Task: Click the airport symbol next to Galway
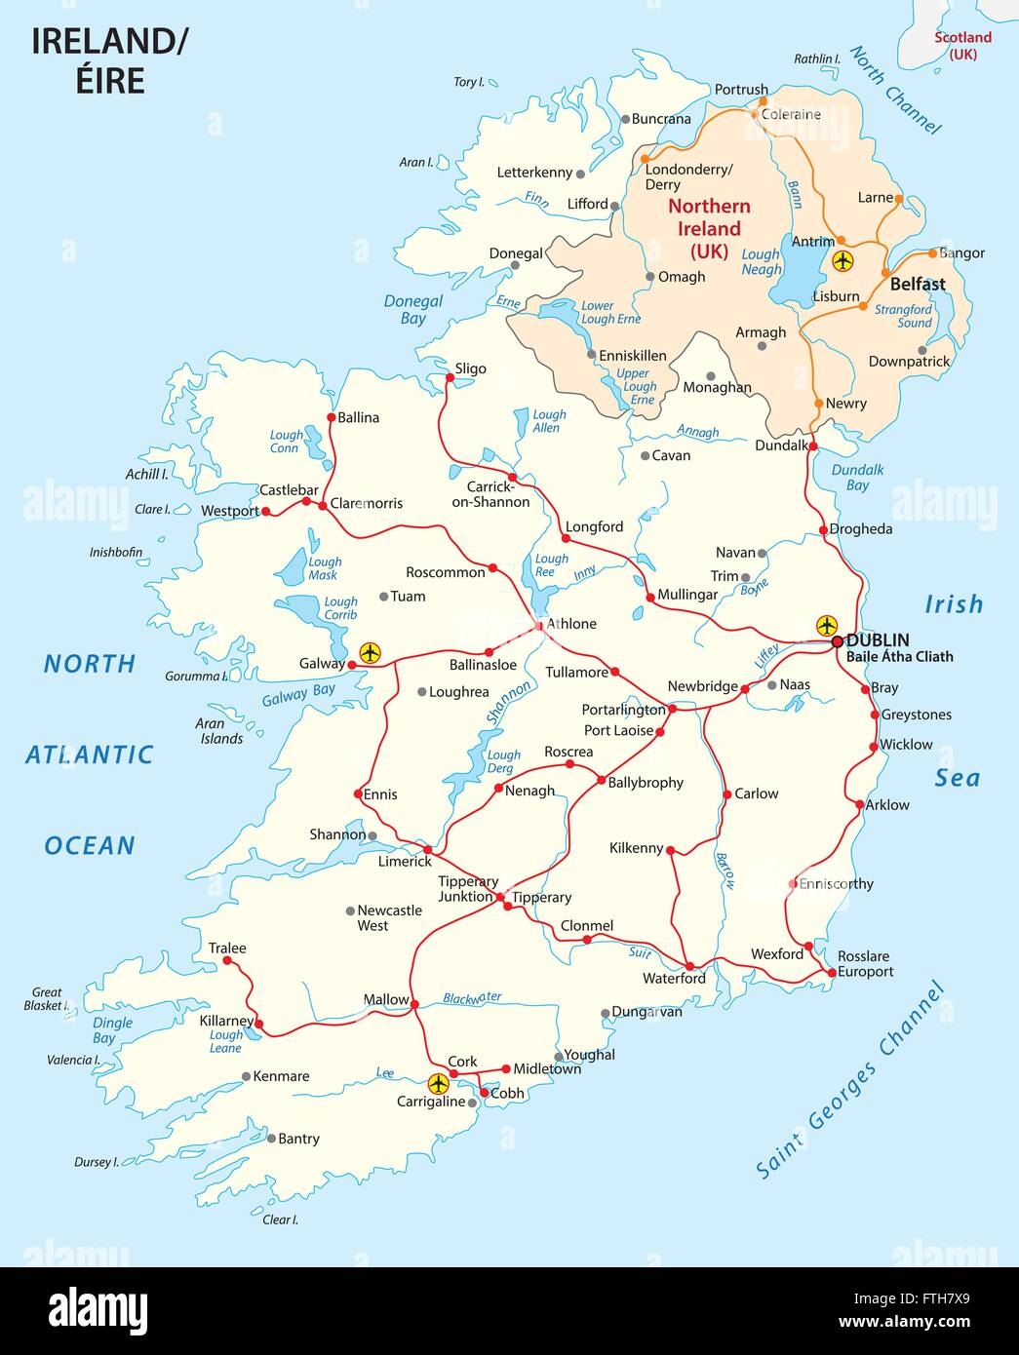(x=369, y=652)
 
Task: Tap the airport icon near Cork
(x=439, y=1083)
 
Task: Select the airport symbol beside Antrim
(x=843, y=261)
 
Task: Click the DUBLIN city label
(x=878, y=640)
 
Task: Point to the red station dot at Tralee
(x=227, y=960)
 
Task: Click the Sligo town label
(x=470, y=368)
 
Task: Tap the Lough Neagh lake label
(x=761, y=261)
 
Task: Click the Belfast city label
(x=918, y=285)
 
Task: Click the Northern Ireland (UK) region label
(x=709, y=228)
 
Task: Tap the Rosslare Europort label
(x=865, y=964)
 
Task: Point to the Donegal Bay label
(x=412, y=310)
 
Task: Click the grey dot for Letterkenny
(x=580, y=174)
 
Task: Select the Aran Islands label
(x=220, y=731)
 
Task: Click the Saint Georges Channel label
(x=851, y=1082)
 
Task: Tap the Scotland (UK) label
(x=962, y=46)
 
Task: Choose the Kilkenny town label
(x=636, y=848)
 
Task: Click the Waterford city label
(x=674, y=978)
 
